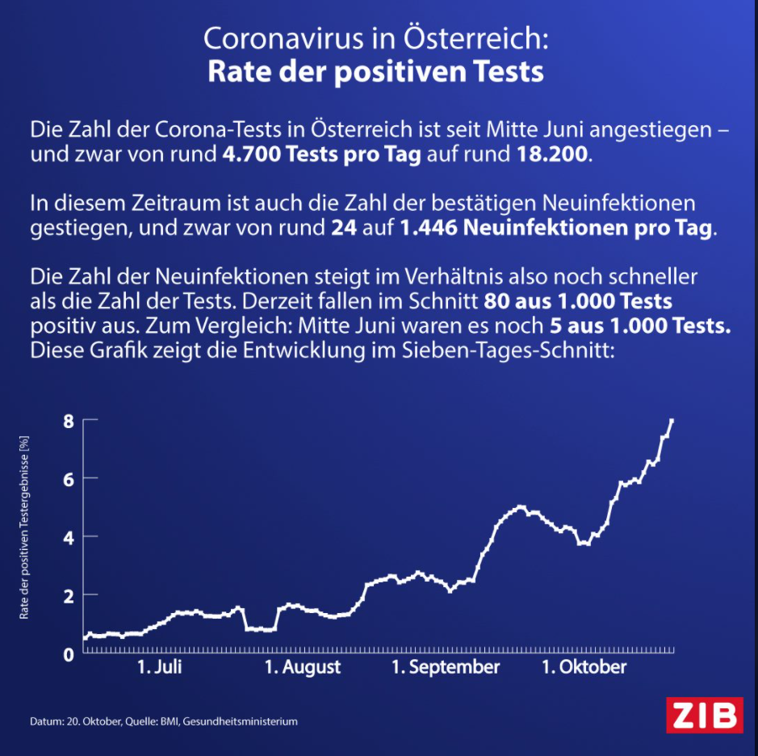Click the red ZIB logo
(704, 715)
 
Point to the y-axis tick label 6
(69, 478)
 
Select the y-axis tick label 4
(69, 536)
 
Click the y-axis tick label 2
(69, 595)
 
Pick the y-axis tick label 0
(69, 653)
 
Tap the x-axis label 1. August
(303, 667)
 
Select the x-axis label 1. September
(446, 667)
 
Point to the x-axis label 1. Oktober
(583, 667)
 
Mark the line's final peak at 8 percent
(672, 420)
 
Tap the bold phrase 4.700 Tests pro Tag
(321, 154)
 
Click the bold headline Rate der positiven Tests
(375, 71)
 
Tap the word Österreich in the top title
(477, 38)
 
